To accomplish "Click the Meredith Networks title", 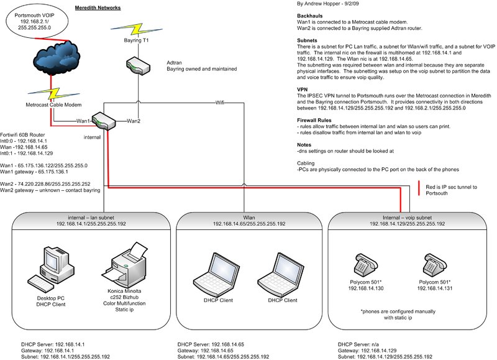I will (x=98, y=7).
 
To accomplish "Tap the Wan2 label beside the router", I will (x=134, y=121).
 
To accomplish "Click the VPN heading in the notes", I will (x=304, y=89).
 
